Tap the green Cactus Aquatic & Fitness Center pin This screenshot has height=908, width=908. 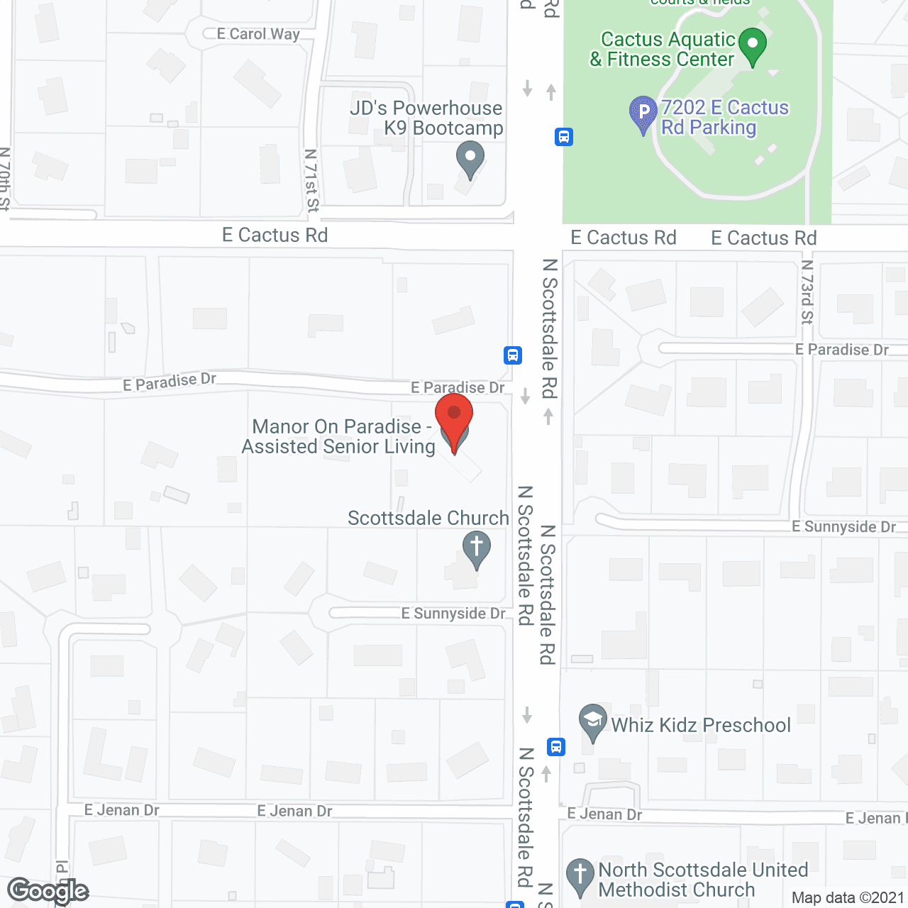753,45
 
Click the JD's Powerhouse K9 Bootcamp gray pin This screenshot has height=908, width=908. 470,158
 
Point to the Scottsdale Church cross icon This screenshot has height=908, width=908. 477,548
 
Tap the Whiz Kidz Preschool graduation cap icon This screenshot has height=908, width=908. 592,721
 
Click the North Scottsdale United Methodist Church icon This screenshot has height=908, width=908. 580,875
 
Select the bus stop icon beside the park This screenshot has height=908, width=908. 564,136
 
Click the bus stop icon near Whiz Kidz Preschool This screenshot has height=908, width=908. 556,746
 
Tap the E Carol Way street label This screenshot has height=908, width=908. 258,34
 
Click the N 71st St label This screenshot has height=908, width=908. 311,180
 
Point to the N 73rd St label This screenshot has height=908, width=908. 807,292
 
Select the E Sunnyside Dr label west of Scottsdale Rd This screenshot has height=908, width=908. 453,613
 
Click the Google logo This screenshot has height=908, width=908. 48,891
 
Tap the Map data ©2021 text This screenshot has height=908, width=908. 848,897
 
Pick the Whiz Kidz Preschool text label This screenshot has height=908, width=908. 701,725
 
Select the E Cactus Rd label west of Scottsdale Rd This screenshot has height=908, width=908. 275,235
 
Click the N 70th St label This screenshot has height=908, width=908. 5,179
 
